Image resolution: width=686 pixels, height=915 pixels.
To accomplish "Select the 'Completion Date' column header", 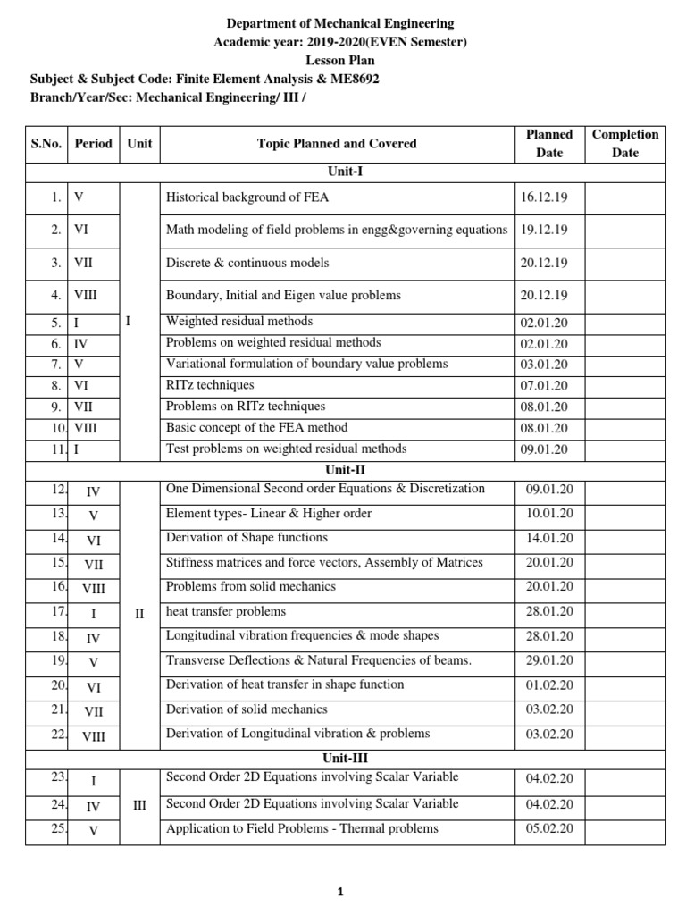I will click(625, 143).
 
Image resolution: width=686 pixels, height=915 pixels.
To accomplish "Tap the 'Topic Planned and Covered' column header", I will click(337, 143).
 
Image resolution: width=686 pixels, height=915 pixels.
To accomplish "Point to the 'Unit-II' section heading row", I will click(343, 469).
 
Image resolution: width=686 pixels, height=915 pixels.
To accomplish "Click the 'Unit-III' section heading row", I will click(343, 759).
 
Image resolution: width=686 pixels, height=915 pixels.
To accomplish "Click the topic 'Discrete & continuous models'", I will click(247, 263).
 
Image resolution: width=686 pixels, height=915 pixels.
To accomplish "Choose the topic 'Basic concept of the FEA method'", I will click(257, 428).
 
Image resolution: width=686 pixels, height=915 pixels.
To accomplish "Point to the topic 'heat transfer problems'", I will click(226, 611).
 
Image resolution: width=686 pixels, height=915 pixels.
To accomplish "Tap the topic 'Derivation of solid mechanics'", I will click(247, 709).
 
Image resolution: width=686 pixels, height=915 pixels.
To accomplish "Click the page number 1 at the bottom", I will click(340, 892).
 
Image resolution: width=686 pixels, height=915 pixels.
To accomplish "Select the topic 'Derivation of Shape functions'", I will click(247, 538).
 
